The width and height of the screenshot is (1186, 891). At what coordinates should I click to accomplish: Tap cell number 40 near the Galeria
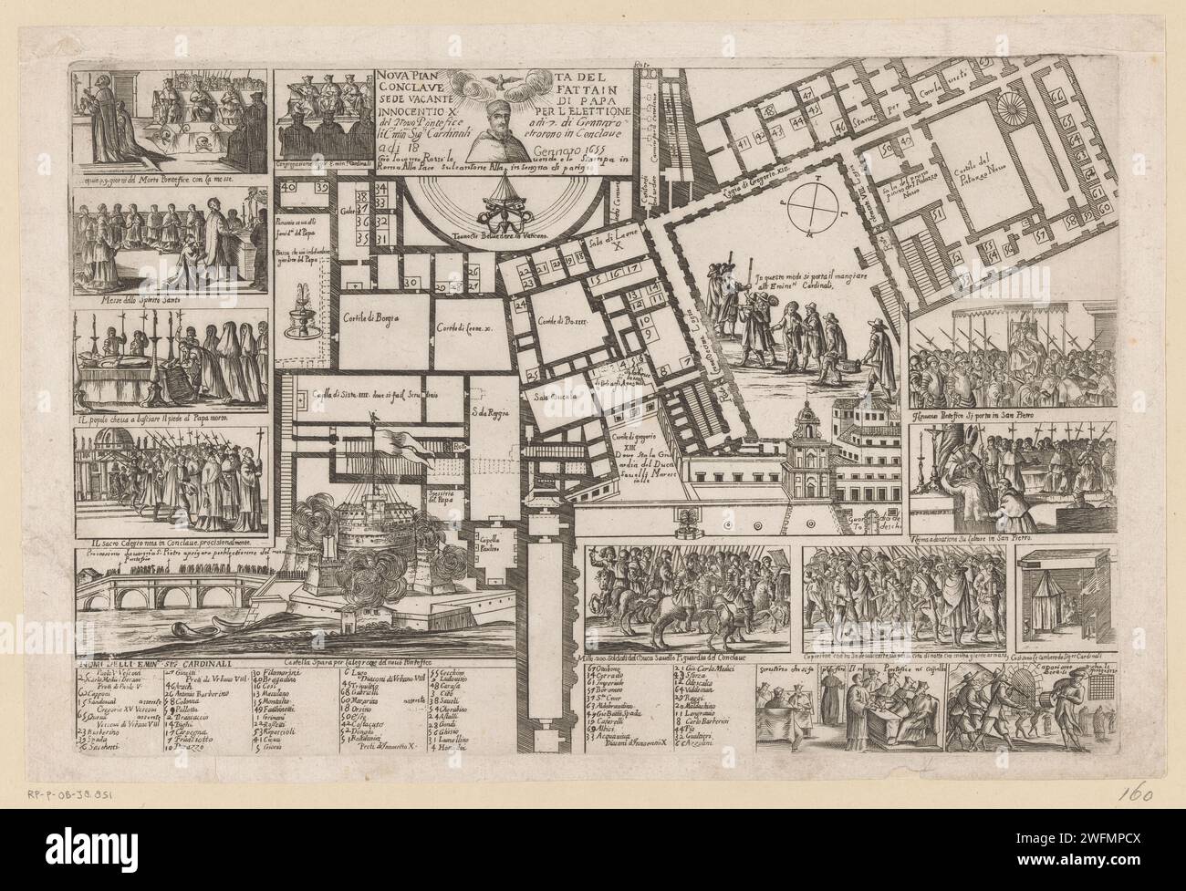[x=291, y=187]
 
